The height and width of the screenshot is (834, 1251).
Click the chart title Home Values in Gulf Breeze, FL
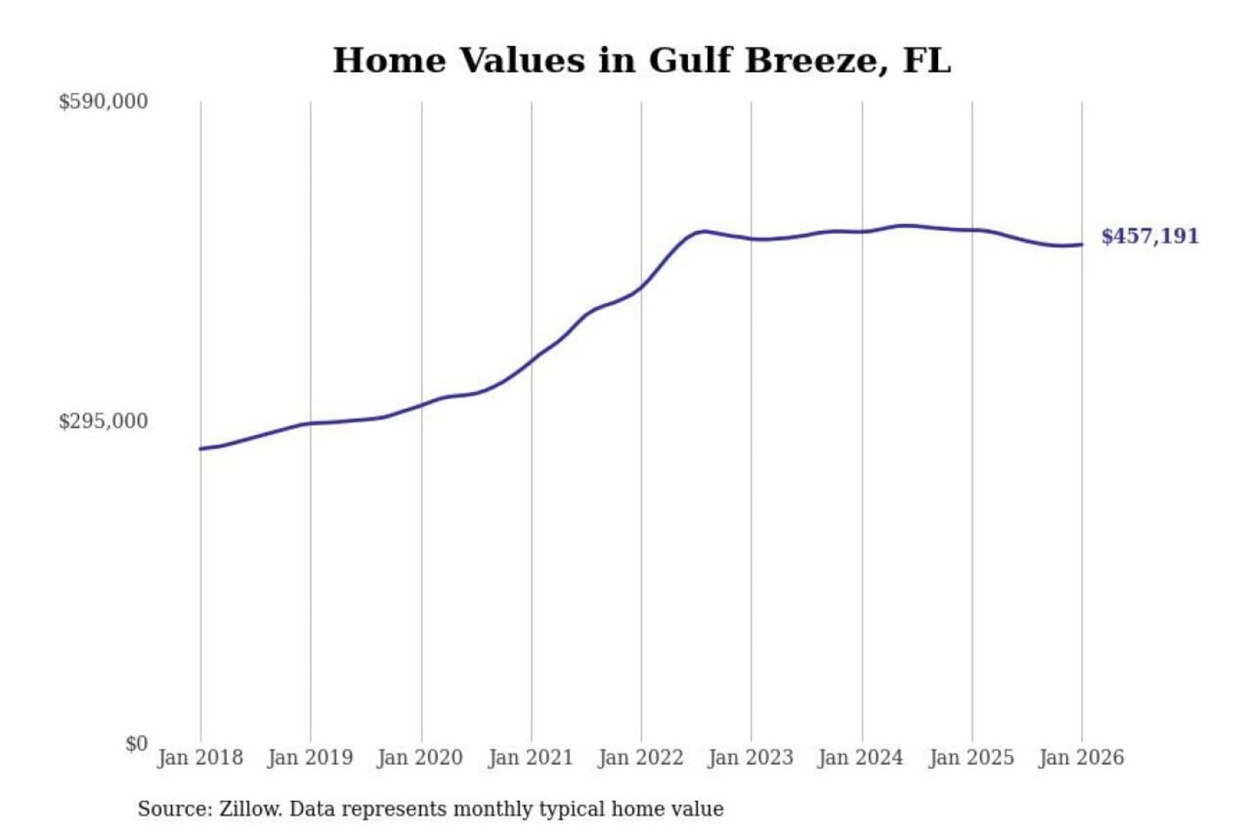pyautogui.click(x=642, y=61)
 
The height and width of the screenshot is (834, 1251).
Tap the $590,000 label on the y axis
pyautogui.click(x=103, y=102)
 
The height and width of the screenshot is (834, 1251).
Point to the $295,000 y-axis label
pyautogui.click(x=103, y=421)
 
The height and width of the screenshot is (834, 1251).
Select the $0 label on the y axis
pyautogui.click(x=136, y=744)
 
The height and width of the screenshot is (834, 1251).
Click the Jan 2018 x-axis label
pyautogui.click(x=200, y=758)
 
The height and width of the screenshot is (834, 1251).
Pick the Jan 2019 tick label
pyautogui.click(x=310, y=758)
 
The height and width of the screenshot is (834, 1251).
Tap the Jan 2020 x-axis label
pyautogui.click(x=420, y=758)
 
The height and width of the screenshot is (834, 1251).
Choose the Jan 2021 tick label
pyautogui.click(x=531, y=758)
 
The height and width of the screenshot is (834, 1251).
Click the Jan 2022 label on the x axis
pyautogui.click(x=641, y=758)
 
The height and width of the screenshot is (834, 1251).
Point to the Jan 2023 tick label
pyautogui.click(x=751, y=758)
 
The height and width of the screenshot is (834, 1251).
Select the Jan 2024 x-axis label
pyautogui.click(x=861, y=758)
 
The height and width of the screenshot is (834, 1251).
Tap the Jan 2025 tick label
pyautogui.click(x=971, y=758)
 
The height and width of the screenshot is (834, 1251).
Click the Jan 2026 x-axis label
pyautogui.click(x=1082, y=758)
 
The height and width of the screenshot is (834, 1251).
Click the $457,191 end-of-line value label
pyautogui.click(x=1149, y=236)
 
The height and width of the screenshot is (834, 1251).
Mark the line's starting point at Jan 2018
pyautogui.click(x=201, y=448)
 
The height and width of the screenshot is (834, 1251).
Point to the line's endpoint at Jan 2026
pyautogui.click(x=1082, y=244)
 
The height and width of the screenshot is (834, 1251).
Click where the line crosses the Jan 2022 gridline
pyautogui.click(x=642, y=286)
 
